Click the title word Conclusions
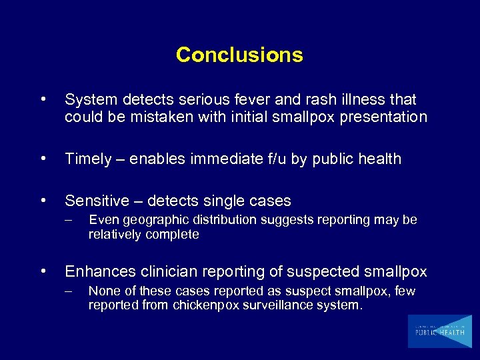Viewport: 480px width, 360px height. [239, 55]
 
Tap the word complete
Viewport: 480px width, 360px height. [175, 235]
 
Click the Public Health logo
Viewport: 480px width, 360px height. [439, 331]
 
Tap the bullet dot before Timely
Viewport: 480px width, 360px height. [44, 159]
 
